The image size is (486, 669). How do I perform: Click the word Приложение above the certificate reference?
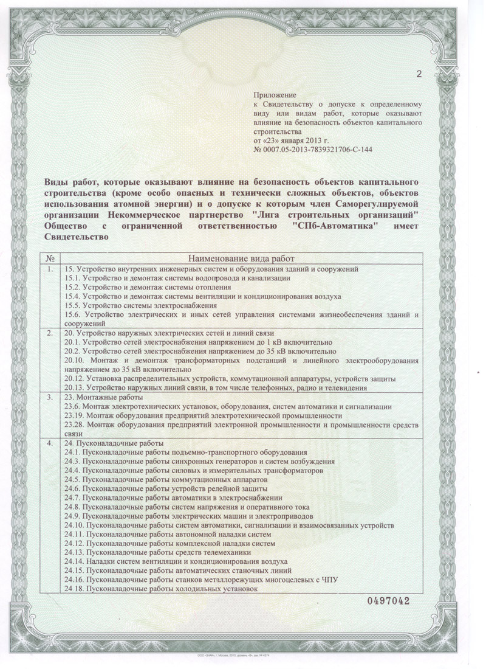click(x=274, y=95)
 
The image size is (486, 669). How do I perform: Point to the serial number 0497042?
click(x=388, y=601)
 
